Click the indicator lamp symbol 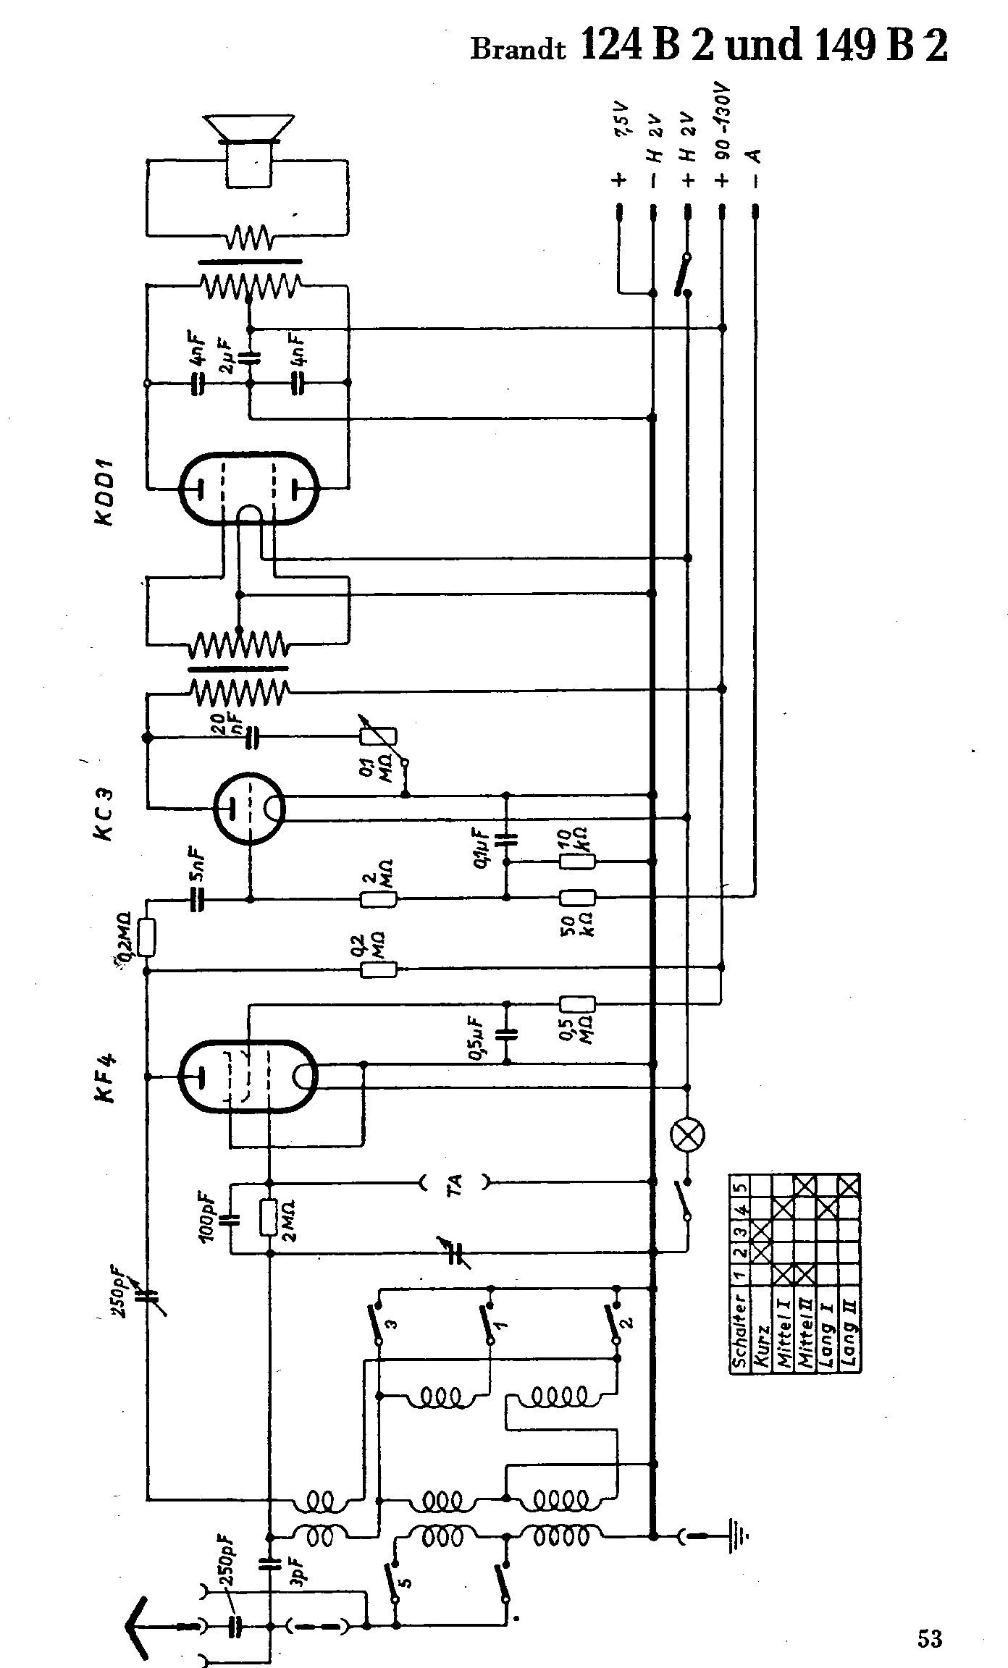coord(688,1134)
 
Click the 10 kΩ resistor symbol coord(577,862)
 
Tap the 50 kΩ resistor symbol coord(577,898)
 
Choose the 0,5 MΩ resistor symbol coord(577,1004)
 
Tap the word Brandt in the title coord(517,49)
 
